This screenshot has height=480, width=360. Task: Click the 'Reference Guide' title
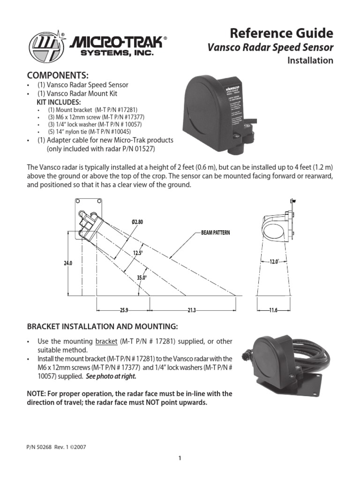point(281,33)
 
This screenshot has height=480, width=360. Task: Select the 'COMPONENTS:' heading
point(58,76)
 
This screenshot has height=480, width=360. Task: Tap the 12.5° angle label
point(137,253)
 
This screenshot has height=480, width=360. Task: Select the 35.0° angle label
point(142,277)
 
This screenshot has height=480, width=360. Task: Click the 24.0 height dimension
point(68,264)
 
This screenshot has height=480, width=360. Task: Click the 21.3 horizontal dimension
point(191,310)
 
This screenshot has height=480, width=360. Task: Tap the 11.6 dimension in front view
point(274,310)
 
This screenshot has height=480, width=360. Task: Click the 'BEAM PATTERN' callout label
point(216,233)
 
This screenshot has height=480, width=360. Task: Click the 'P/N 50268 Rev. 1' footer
point(56,447)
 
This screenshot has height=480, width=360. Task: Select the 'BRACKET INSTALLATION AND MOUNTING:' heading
point(102,326)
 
